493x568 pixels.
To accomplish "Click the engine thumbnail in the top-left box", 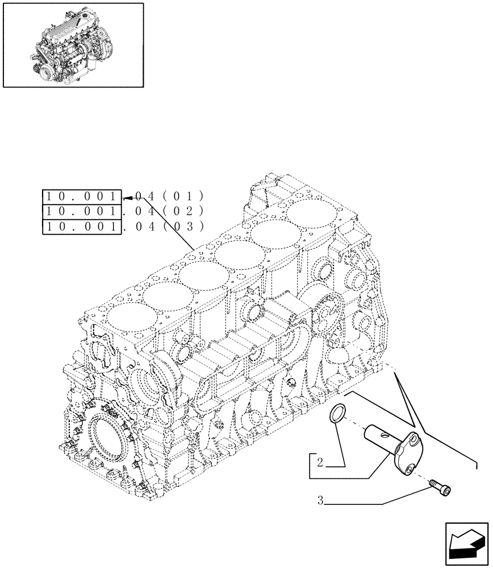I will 73,45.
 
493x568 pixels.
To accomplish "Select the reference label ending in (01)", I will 122,197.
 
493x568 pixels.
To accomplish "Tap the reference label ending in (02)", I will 122,212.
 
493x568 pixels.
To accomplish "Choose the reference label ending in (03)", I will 122,227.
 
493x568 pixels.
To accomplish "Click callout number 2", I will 320,463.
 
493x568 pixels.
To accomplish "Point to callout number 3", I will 321,501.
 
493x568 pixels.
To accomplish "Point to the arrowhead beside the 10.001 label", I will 130,197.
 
